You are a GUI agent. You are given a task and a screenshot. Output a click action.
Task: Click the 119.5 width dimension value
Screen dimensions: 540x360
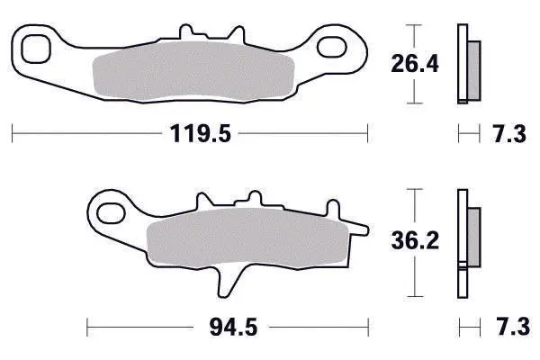click(200, 134)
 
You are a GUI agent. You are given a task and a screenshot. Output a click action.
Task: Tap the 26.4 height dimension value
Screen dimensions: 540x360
click(415, 64)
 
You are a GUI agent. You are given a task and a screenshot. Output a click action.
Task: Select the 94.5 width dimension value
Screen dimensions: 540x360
click(233, 328)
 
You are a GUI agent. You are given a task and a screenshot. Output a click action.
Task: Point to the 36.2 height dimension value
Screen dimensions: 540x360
click(415, 240)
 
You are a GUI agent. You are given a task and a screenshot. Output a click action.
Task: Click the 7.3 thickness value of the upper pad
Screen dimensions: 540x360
click(509, 134)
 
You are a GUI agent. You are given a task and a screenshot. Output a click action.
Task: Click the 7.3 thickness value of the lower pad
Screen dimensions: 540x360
click(513, 327)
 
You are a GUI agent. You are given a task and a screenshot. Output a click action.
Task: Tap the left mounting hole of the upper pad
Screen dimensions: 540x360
click(36, 49)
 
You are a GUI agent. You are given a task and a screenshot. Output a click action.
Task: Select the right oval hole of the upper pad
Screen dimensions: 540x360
click(331, 47)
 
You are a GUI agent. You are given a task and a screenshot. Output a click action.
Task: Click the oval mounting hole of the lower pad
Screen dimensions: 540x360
click(111, 213)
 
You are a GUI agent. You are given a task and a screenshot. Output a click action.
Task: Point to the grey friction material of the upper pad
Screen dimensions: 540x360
click(193, 71)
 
